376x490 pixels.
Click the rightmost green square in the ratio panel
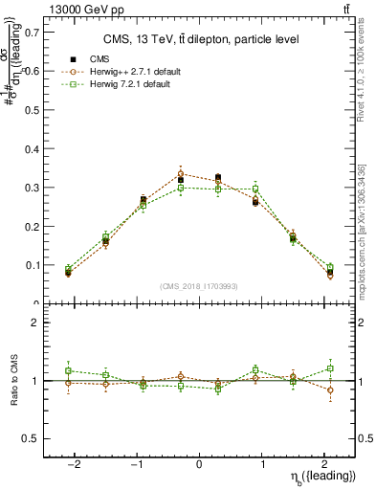(x=330, y=367)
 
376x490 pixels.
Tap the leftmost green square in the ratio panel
(x=68, y=370)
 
